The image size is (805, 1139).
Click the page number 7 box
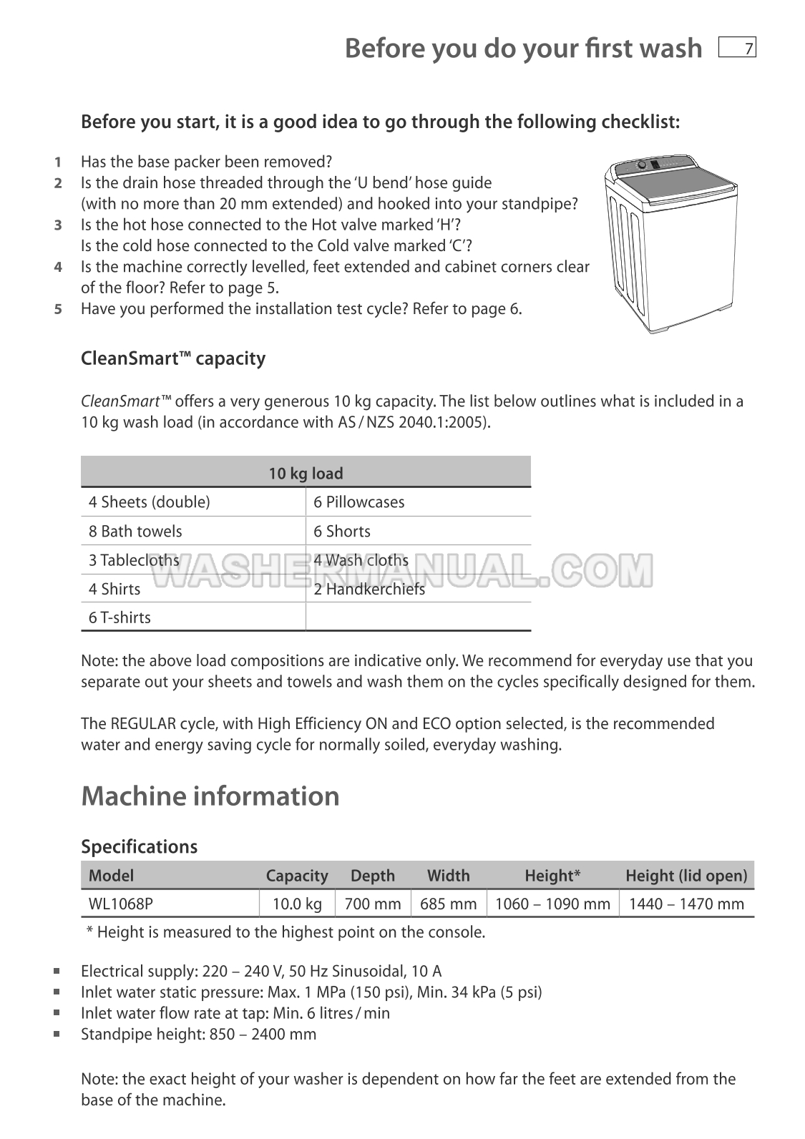[737, 48]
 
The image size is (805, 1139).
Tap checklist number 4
[58, 267]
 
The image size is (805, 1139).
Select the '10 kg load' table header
[306, 473]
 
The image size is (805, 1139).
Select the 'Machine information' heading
[210, 796]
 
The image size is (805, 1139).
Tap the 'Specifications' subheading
[139, 846]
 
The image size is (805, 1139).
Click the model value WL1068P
[121, 904]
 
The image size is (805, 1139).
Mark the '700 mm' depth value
[373, 904]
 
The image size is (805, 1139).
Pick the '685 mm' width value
[448, 904]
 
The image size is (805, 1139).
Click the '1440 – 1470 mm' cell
[686, 904]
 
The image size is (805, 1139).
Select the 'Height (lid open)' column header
[686, 876]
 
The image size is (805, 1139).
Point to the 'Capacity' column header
[296, 876]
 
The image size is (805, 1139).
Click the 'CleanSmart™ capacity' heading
[173, 358]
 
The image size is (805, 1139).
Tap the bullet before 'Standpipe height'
[57, 1034]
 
